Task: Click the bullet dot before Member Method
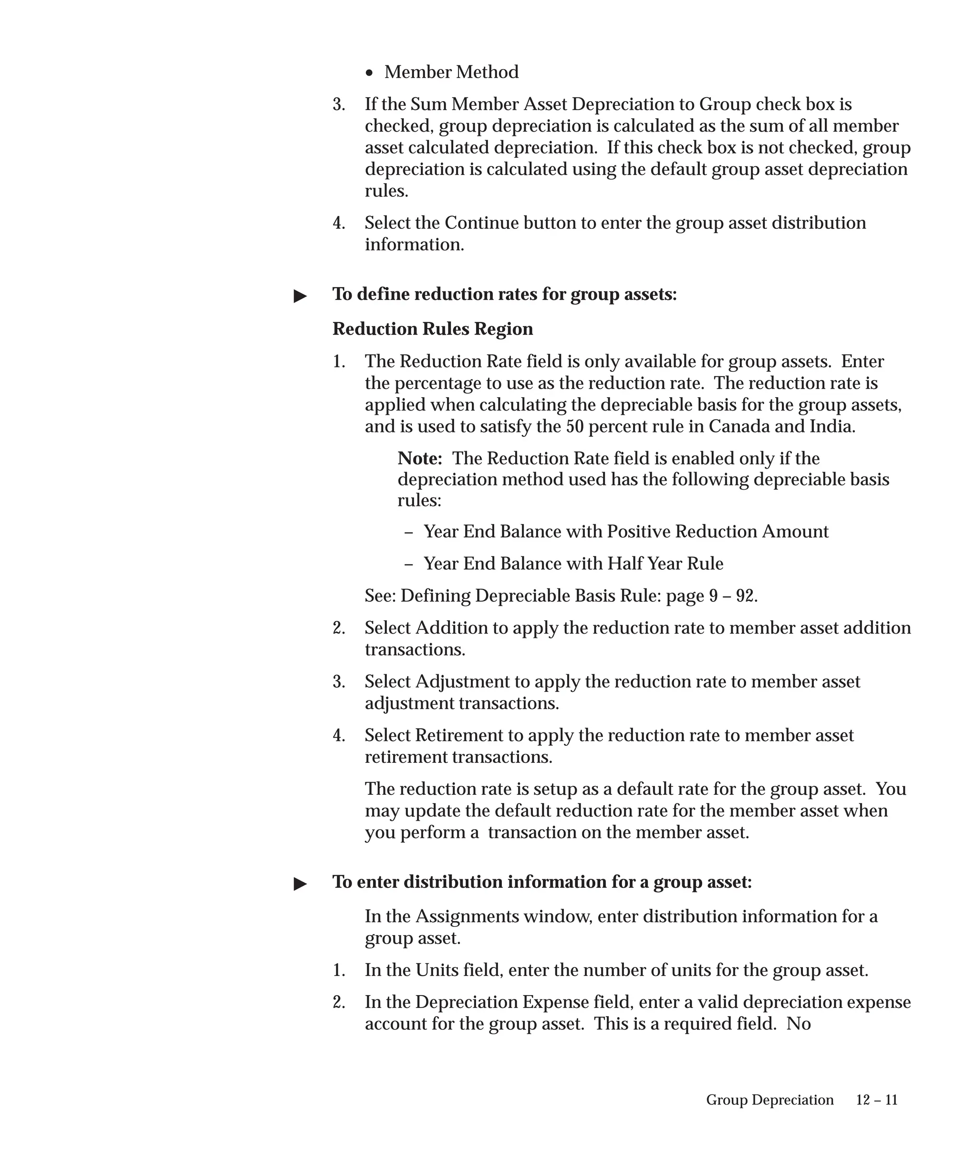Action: tap(369, 73)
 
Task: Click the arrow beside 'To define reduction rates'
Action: tap(301, 296)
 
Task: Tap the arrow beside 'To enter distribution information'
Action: tap(301, 884)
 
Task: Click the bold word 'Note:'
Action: tap(420, 458)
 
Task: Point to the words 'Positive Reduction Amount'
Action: tap(717, 531)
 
